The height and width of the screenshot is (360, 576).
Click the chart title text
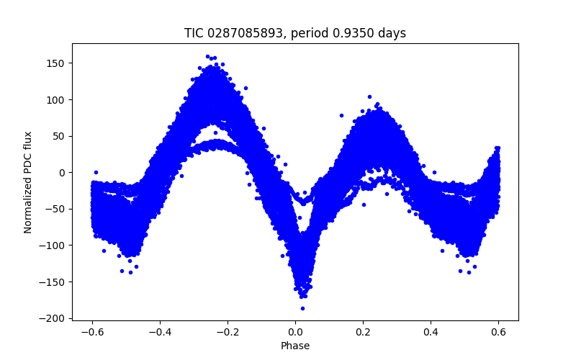[295, 33]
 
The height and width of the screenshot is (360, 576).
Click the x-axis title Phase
[295, 346]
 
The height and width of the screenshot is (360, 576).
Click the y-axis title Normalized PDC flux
[29, 181]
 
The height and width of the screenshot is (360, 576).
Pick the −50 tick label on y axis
[56, 209]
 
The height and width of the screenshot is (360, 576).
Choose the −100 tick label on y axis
[54, 246]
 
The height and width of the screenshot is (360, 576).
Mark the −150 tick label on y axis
[54, 282]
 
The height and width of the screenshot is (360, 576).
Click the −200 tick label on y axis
[54, 318]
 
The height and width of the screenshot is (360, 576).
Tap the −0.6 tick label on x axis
[91, 332]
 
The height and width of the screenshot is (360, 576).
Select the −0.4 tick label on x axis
[159, 332]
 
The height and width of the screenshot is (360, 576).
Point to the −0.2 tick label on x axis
[227, 332]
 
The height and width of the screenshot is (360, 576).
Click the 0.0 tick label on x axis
[295, 332]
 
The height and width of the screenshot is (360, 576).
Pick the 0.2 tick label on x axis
[363, 332]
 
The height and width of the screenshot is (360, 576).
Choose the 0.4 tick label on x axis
[431, 332]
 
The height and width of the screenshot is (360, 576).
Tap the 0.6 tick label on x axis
[498, 332]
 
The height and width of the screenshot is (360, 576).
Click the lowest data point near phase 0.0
[302, 308]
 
